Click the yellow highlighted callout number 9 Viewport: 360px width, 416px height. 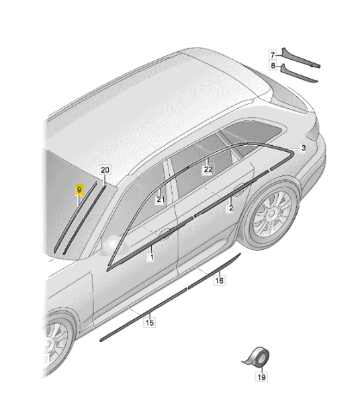[79, 190]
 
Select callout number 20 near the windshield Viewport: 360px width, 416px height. [105, 170]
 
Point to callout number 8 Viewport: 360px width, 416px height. [273, 65]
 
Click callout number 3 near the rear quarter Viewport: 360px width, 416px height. [304, 148]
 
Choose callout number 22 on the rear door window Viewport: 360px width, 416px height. [208, 169]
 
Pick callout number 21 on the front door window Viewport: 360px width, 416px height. [160, 199]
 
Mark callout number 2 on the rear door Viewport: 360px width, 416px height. [231, 208]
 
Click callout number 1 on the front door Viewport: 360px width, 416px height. [151, 257]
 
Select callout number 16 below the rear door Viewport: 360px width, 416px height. [219, 280]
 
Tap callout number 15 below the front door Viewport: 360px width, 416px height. [150, 323]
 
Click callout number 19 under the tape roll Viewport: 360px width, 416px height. [261, 377]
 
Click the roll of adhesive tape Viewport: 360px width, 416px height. [258, 357]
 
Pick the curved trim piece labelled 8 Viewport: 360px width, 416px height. [298, 75]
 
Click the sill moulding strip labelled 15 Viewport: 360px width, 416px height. [143, 315]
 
